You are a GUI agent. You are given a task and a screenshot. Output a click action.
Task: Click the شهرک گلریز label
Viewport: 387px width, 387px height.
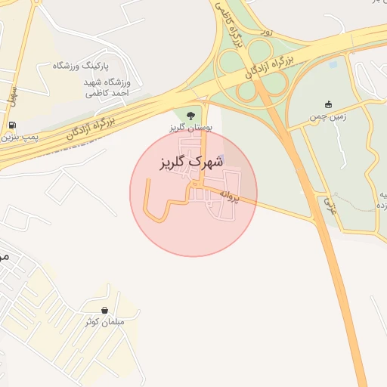pos(193,163)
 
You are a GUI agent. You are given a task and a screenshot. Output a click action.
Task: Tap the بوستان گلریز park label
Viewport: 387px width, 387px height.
pos(190,128)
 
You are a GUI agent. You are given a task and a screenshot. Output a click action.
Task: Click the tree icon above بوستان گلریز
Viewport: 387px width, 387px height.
pos(190,115)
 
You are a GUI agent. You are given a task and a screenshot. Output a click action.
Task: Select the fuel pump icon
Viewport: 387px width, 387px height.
pos(12,125)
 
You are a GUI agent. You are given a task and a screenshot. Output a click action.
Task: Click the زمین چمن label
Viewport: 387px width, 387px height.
pos(327,118)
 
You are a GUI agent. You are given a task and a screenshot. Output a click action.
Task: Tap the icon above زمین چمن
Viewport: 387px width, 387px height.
pos(327,105)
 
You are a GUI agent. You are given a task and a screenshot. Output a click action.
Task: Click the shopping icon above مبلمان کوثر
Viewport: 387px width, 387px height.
pos(104,310)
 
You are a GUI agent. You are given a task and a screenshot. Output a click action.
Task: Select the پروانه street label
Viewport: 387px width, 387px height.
pos(229,198)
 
